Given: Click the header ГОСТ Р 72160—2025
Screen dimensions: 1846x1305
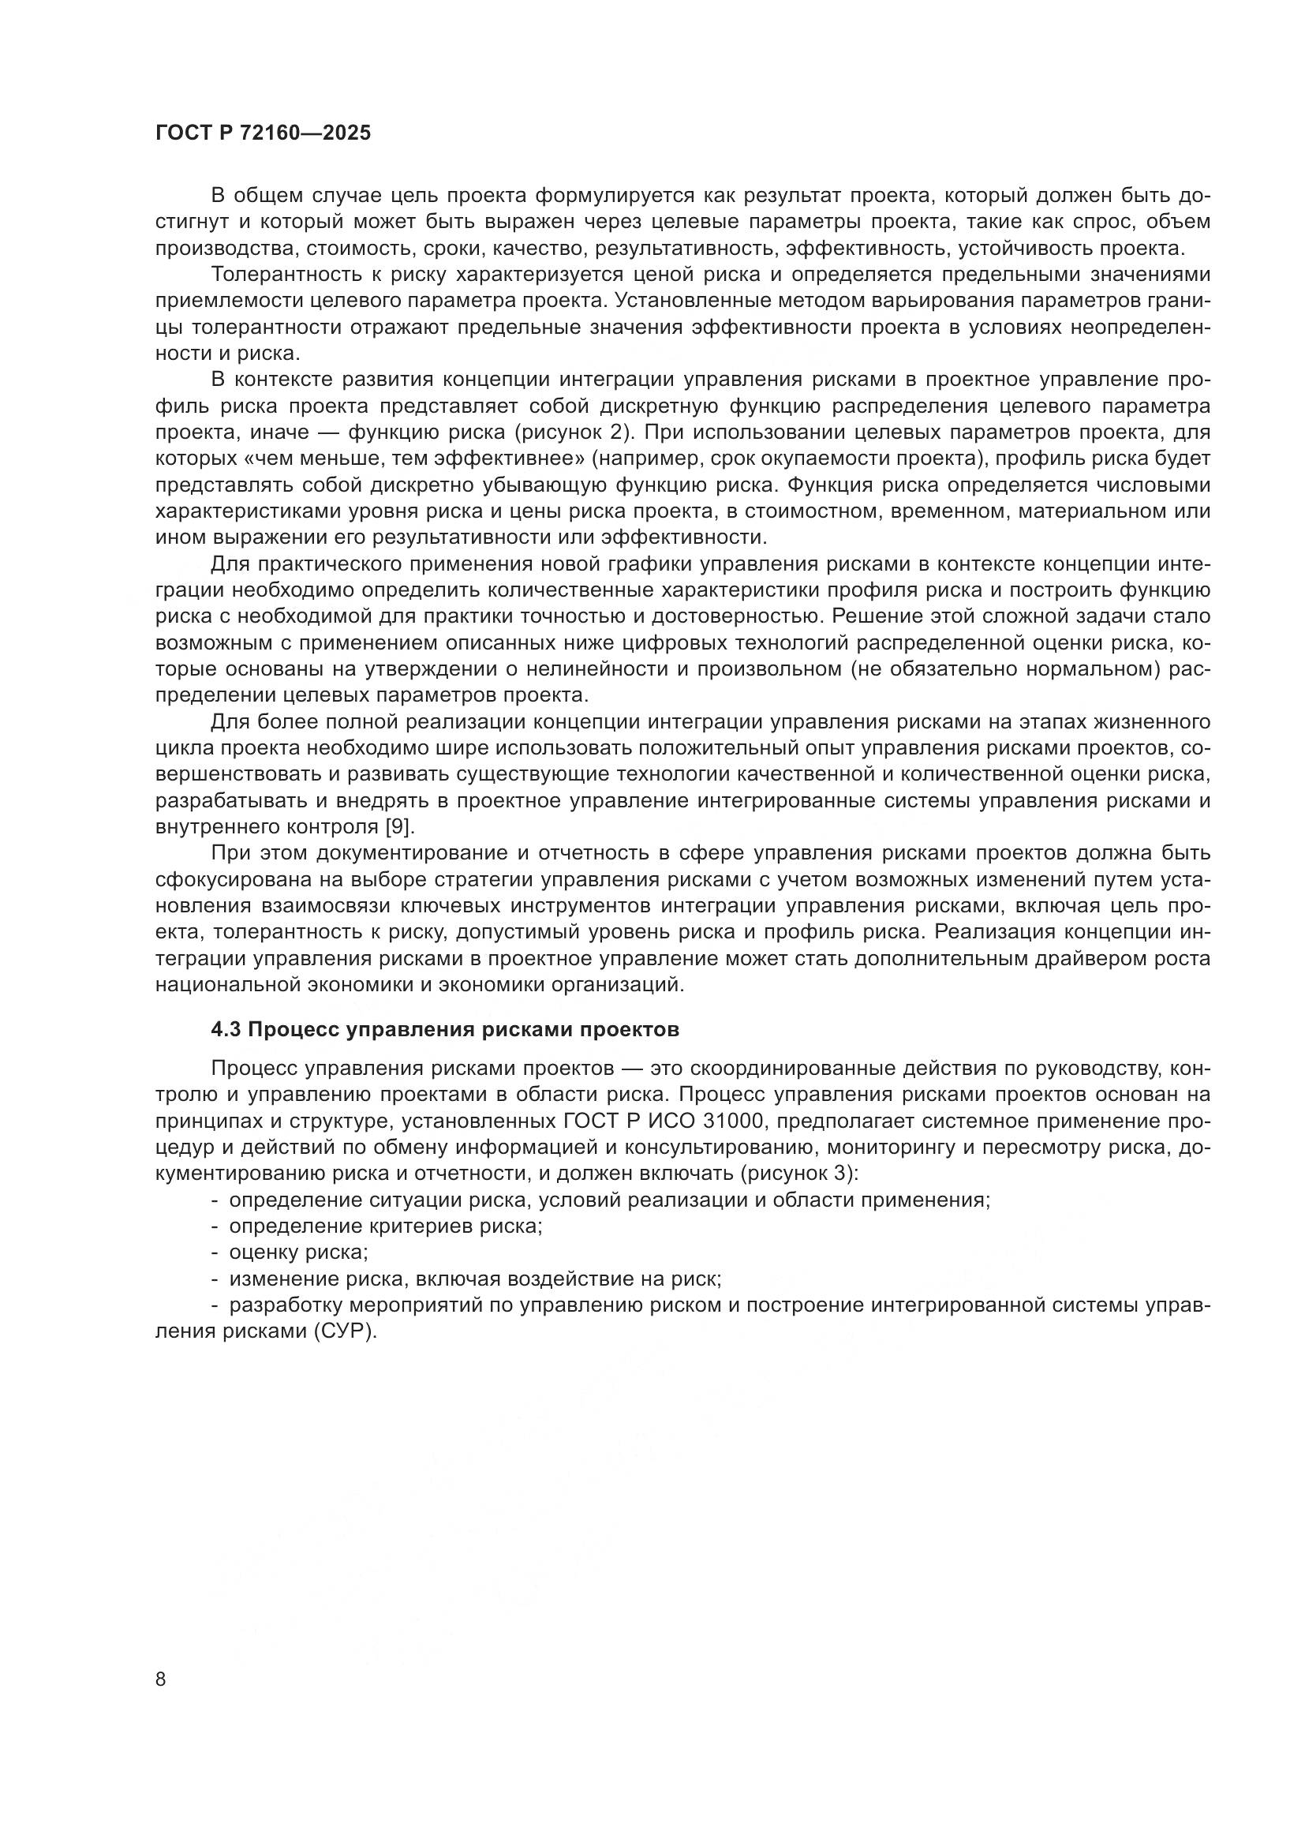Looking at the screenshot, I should click(x=263, y=133).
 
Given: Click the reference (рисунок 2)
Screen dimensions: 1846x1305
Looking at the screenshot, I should click(x=570, y=432).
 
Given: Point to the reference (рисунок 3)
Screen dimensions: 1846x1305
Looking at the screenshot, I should click(x=798, y=1173).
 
